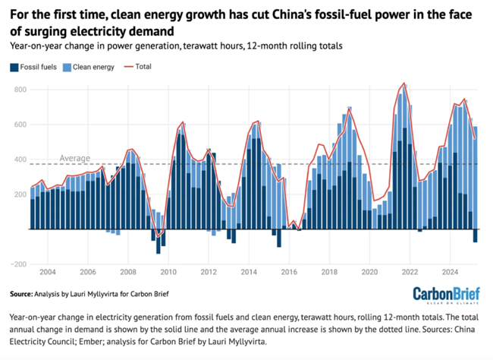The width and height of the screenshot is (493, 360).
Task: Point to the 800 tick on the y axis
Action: click(20, 90)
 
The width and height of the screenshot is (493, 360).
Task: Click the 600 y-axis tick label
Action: click(20, 125)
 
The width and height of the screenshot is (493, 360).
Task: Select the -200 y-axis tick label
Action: click(18, 264)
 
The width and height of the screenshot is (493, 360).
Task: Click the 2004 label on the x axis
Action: click(48, 271)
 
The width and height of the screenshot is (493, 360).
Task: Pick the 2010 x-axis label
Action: click(168, 271)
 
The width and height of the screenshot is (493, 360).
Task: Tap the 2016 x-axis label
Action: click(289, 271)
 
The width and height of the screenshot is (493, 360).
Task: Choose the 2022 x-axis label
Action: click(410, 271)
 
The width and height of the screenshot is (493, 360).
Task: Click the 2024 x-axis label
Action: click(450, 271)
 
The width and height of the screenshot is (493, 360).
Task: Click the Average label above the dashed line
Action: click(75, 158)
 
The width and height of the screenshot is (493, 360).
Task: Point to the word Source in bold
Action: click(26, 292)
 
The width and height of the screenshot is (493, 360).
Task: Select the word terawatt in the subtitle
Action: click(194, 46)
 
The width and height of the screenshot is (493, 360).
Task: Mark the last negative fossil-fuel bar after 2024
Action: click(476, 235)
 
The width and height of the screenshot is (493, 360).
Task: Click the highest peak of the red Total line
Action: click(404, 83)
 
